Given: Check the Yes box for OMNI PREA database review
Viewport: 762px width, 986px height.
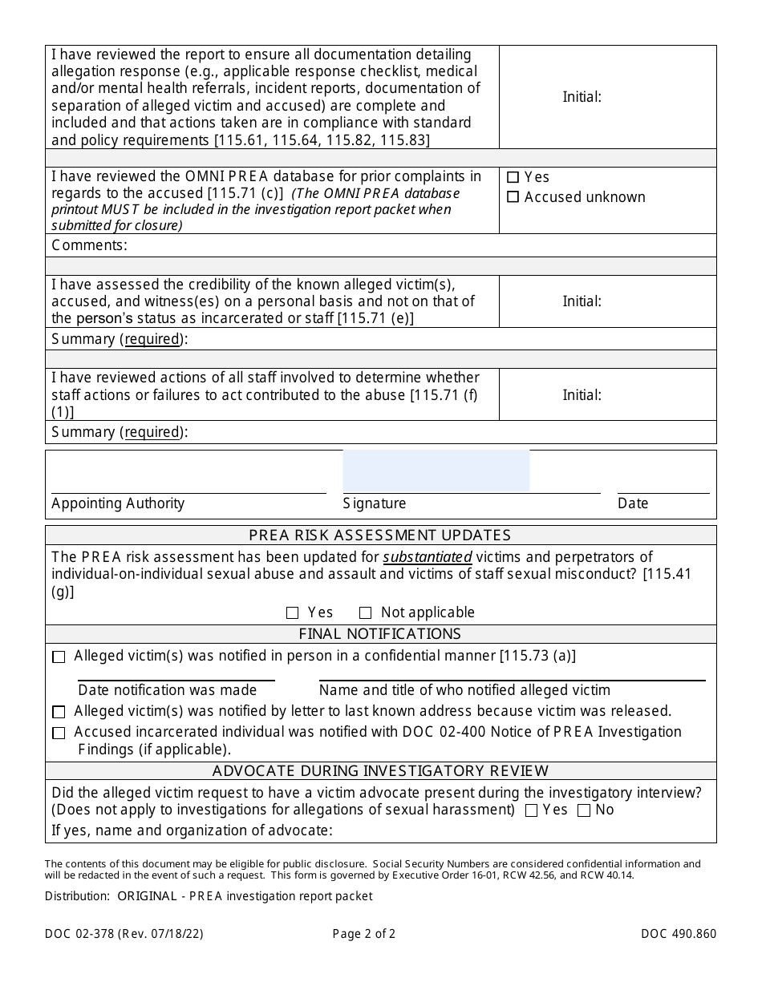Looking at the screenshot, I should (513, 177).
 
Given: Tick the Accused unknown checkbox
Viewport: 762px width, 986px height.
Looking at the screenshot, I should (513, 197).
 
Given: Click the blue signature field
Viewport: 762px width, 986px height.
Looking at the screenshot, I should (436, 471).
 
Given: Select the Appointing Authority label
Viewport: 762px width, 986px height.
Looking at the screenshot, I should (118, 503).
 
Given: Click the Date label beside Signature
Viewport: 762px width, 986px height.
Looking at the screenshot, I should (633, 503).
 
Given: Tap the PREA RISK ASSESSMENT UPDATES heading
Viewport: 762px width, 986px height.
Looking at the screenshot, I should (380, 535).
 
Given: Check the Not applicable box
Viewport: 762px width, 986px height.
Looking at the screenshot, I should (366, 613).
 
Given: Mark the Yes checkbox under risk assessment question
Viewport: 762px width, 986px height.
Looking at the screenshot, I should (293, 613).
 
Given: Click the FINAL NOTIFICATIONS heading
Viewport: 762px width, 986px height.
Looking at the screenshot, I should (380, 634).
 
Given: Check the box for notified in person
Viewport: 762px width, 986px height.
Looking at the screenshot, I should (59, 657).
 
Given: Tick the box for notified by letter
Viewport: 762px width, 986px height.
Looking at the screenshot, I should (59, 712).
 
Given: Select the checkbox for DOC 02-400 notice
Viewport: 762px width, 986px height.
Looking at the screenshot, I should (59, 733).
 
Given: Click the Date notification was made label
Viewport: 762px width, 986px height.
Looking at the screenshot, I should (168, 690).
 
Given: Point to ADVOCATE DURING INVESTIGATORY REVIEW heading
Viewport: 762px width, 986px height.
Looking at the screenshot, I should (380, 771).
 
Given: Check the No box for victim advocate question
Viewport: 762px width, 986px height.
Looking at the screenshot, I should (584, 810).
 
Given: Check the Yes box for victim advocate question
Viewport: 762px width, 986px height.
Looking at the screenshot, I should (531, 810).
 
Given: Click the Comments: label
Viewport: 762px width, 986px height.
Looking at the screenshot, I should (89, 245).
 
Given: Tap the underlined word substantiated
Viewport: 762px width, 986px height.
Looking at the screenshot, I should (427, 557).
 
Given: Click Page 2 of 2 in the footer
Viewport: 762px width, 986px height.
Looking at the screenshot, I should (364, 933).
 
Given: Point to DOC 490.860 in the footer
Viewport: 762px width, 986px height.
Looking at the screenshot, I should (679, 933).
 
